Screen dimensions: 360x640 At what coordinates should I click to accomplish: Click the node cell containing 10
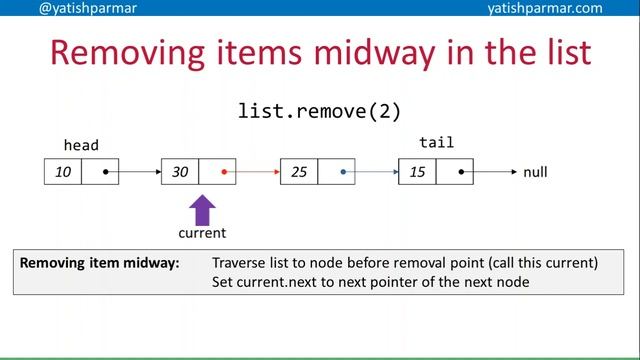pyautogui.click(x=63, y=172)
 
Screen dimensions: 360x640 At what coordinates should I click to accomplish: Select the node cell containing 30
pyautogui.click(x=180, y=172)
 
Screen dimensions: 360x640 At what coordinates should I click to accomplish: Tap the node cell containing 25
pyautogui.click(x=299, y=172)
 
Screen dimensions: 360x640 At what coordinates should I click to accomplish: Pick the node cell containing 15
pyautogui.click(x=417, y=172)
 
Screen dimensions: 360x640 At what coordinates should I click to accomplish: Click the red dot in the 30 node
pyautogui.click(x=224, y=172)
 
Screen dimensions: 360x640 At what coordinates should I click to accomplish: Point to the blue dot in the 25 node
pyautogui.click(x=342, y=172)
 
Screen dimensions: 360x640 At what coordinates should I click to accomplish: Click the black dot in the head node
pyautogui.click(x=106, y=172)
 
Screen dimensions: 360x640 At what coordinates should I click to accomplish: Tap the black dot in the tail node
pyautogui.click(x=461, y=172)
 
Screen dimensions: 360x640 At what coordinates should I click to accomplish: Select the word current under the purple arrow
pyautogui.click(x=202, y=233)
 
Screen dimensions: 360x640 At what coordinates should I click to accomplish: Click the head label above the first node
pyautogui.click(x=81, y=145)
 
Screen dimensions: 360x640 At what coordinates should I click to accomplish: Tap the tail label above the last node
pyautogui.click(x=436, y=143)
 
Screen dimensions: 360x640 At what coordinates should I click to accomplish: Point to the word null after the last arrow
pyautogui.click(x=536, y=172)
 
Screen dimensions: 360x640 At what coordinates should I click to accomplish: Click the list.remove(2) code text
pyautogui.click(x=319, y=110)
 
